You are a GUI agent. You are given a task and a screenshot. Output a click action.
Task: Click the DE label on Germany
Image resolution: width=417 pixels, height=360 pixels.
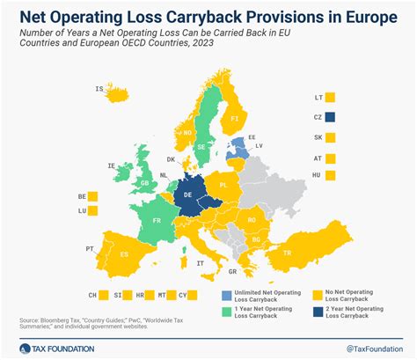coord(187,195)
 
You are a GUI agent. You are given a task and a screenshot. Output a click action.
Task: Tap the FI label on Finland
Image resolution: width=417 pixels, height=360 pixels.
coord(234,116)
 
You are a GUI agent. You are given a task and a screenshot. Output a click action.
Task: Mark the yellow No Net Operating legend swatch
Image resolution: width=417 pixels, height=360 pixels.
coord(318,295)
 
